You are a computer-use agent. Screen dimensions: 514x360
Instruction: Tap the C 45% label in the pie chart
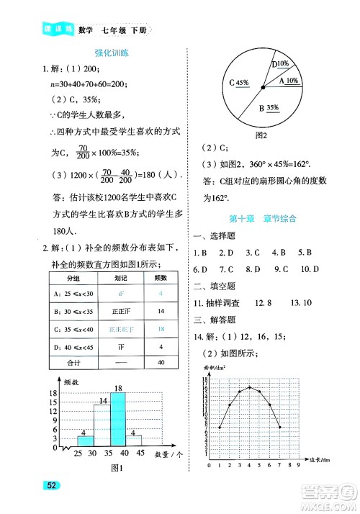point(238,82)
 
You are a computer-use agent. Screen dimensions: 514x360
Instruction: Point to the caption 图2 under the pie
point(261,134)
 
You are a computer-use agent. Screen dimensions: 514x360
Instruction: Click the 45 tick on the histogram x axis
point(141,453)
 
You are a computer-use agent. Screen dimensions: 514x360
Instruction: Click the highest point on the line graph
point(249,387)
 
